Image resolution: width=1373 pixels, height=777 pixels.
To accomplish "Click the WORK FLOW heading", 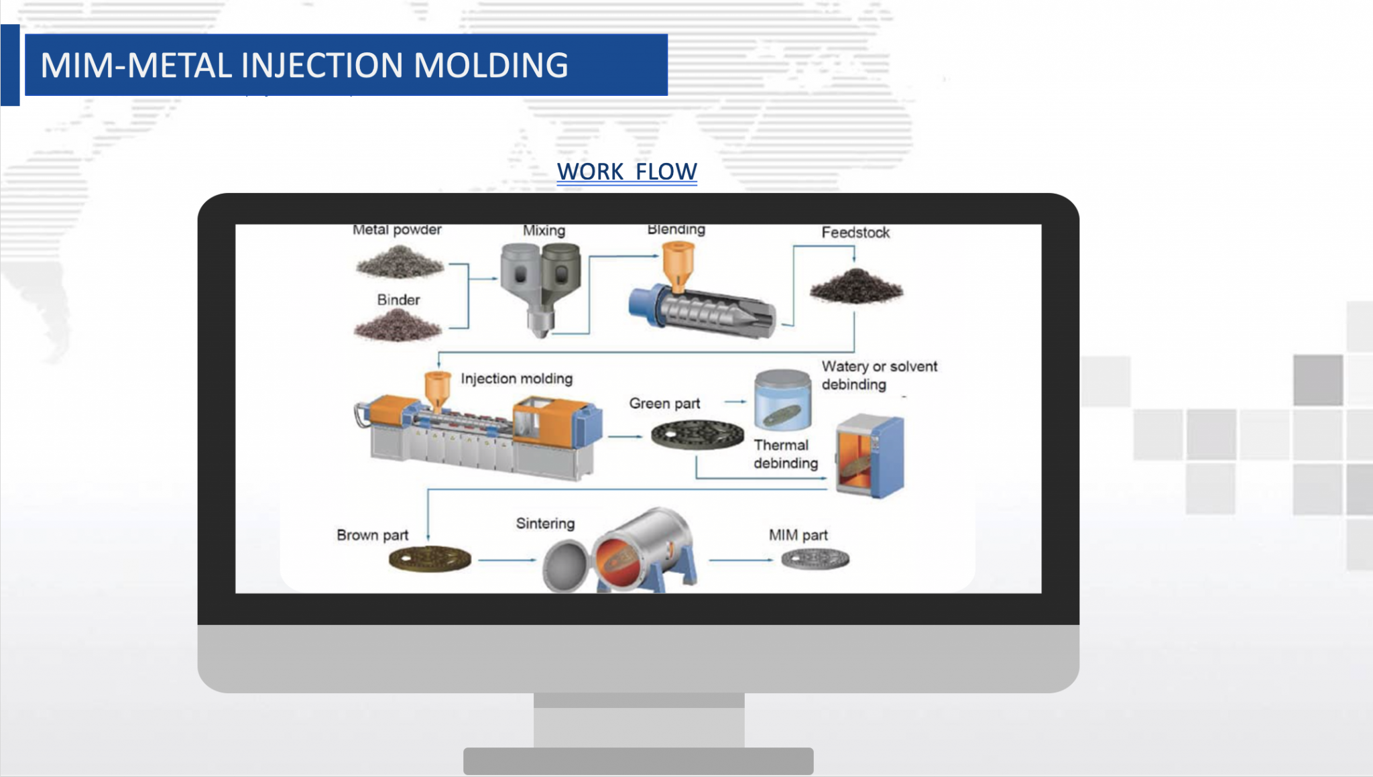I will (627, 172).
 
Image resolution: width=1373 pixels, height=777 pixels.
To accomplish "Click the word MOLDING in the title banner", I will (491, 66).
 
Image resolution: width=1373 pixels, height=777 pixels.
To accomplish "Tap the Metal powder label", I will (397, 230).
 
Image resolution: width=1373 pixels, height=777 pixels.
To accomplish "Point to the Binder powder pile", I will (398, 326).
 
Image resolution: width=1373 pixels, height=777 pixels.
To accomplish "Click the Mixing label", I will (544, 231).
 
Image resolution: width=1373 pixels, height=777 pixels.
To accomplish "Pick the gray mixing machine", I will (540, 285).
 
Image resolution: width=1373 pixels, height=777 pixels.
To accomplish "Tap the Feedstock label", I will (855, 233).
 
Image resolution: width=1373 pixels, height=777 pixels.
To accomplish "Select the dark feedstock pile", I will (856, 286).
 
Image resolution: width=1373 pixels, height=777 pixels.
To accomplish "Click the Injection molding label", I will (516, 379).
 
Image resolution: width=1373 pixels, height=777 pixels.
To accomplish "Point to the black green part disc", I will (697, 434).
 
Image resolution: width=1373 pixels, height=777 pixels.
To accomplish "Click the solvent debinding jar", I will (782, 400).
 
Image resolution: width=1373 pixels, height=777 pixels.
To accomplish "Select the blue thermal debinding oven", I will (871, 456).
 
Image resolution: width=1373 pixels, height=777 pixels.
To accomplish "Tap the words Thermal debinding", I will (785, 454).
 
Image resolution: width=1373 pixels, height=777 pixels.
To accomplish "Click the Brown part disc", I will (430, 558).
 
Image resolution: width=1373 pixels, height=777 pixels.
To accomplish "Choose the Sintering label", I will (545, 524).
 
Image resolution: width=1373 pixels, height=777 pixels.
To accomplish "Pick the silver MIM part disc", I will (815, 558).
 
